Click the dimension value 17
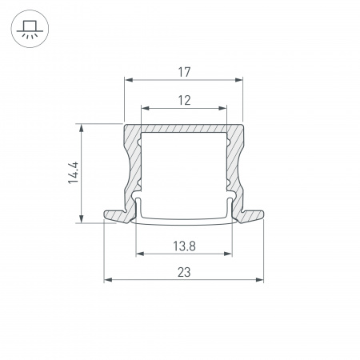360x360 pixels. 183,72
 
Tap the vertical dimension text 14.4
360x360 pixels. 73,173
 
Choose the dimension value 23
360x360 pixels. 183,273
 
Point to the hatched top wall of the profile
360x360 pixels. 183,129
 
